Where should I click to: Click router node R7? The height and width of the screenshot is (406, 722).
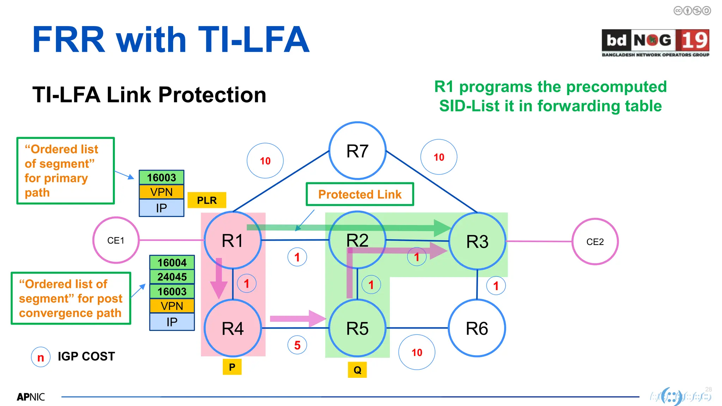coord(357,151)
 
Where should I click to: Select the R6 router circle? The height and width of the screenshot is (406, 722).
coord(477,328)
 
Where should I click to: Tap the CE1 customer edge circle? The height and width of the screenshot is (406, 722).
coord(116,240)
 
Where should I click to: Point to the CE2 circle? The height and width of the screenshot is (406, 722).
coord(595,242)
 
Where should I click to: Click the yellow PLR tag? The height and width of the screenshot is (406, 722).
coord(207,200)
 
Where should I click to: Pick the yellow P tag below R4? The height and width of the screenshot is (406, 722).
coord(232,367)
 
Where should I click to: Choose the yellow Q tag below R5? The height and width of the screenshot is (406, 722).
coord(357,370)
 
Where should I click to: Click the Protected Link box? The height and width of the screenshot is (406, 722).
coord(360,194)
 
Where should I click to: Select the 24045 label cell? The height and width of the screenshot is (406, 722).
coord(172,277)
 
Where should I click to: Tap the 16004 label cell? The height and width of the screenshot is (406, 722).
coord(172,263)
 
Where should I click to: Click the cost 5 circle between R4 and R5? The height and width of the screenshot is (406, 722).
coord(297,345)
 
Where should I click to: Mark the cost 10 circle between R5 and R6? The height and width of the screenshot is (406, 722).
coord(417,352)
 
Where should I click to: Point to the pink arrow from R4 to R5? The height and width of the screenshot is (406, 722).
coord(297,319)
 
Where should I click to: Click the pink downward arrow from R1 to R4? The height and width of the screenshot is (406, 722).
coord(219,278)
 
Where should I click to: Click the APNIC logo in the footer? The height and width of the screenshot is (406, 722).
coord(31,397)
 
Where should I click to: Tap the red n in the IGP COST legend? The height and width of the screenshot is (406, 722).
coord(41,357)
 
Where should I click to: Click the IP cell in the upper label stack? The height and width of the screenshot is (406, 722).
coord(161,208)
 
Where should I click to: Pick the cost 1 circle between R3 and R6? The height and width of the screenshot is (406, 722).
coord(496,286)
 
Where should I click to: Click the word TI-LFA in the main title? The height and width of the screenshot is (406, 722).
coord(253,39)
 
